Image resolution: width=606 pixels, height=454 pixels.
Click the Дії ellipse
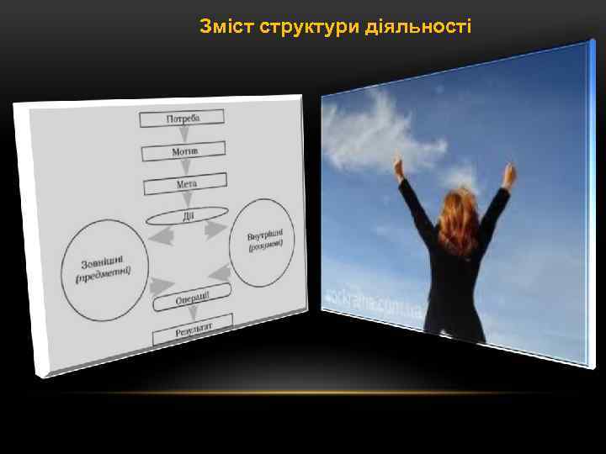[x=188, y=217]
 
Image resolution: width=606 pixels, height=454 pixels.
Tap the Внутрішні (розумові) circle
[x=266, y=240]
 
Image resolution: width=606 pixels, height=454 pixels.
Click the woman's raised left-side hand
[x=398, y=165]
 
